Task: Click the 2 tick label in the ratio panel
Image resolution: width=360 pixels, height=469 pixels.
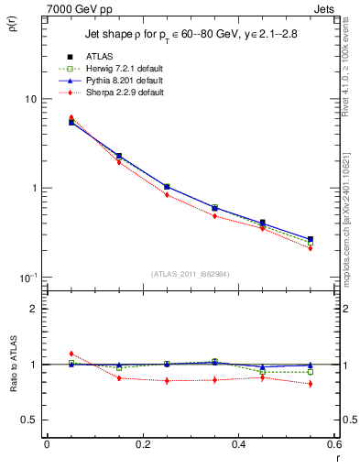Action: pyautogui.click(x=32, y=309)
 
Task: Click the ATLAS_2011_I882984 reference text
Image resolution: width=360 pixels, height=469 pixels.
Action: pyautogui.click(x=191, y=273)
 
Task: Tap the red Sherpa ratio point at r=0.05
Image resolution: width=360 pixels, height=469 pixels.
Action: pyautogui.click(x=71, y=354)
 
